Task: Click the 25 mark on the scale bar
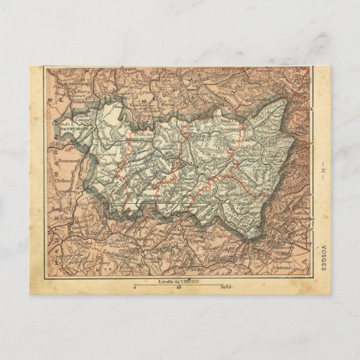click(x=179, y=289)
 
